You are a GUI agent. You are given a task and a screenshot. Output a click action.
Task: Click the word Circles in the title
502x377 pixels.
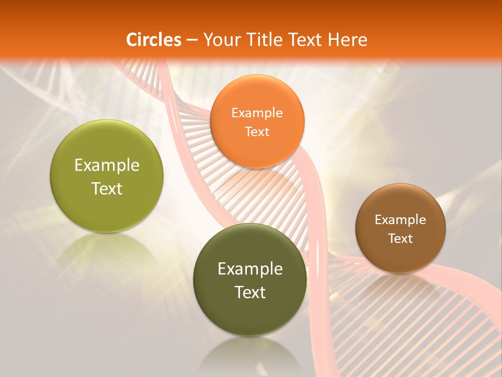click(154, 40)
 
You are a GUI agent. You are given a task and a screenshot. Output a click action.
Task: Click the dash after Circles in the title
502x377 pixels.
click(192, 40)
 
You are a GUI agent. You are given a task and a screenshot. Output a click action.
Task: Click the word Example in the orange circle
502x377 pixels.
click(257, 113)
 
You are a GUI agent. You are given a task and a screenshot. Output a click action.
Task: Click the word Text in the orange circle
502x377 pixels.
click(257, 131)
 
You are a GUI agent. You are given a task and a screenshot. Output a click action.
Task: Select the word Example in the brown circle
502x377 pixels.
click(401, 219)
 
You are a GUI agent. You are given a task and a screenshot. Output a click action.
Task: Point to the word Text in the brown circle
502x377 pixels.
click(401, 238)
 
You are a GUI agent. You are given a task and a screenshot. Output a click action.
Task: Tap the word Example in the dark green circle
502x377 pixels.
click(250, 269)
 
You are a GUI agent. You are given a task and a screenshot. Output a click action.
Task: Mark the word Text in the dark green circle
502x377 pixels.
click(250, 292)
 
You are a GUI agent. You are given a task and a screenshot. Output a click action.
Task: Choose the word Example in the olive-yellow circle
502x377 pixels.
click(107, 165)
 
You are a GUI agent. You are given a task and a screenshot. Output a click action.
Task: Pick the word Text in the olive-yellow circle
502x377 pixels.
click(107, 188)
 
